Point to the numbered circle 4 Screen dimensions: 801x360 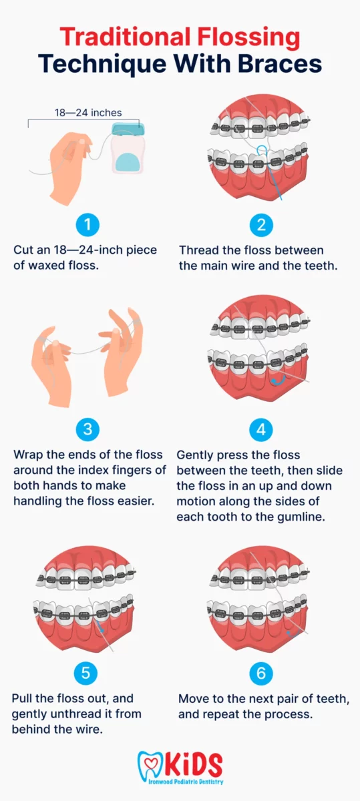[261, 429]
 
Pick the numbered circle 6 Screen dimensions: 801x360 [261, 673]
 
